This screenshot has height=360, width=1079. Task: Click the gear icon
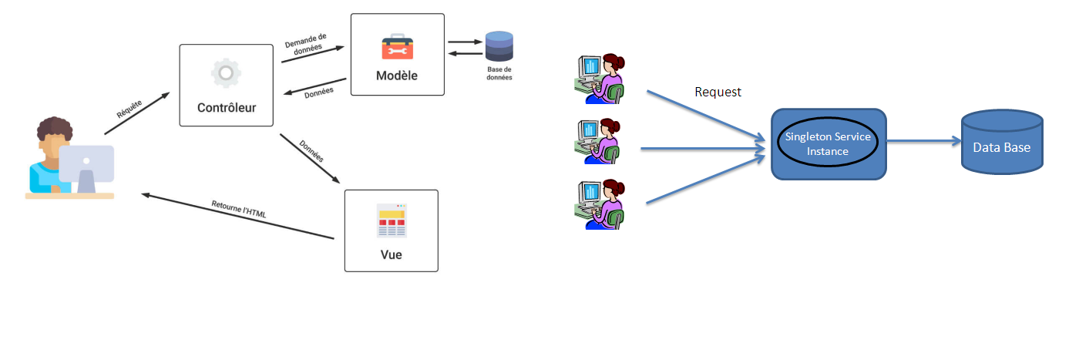(227, 72)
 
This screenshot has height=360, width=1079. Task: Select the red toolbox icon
(398, 47)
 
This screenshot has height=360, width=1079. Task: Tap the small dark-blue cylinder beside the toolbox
(499, 46)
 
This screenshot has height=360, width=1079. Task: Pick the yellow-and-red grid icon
(392, 220)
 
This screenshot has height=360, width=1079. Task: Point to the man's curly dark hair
(54, 129)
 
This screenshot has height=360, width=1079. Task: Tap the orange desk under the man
(69, 197)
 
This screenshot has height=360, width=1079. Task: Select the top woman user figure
(600, 78)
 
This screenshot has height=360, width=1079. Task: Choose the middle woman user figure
(599, 141)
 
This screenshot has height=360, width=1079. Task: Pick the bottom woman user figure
(600, 204)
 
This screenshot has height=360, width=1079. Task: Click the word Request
(718, 92)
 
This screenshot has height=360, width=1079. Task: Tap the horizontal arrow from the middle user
(701, 148)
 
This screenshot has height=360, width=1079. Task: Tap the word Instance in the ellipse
(828, 152)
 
